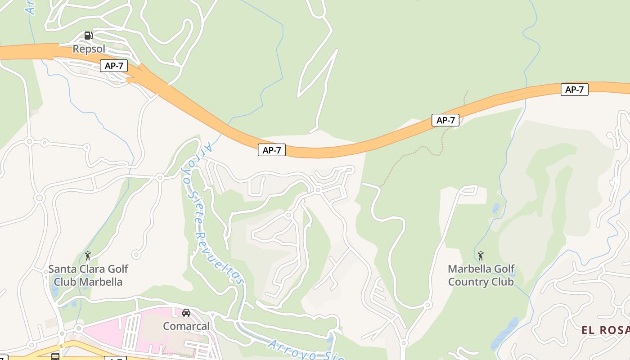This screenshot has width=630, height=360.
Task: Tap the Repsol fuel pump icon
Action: (89, 36)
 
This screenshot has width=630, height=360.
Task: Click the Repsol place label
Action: (89, 49)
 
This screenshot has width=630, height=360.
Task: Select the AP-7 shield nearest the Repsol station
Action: (114, 66)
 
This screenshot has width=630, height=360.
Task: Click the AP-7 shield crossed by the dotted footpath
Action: (445, 120)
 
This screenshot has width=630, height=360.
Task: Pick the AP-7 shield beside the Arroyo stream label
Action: (272, 150)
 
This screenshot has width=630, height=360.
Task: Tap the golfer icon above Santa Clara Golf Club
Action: (88, 256)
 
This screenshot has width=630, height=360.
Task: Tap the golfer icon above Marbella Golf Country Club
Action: (481, 256)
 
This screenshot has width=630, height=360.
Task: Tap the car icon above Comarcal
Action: (186, 313)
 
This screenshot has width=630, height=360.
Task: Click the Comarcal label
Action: (186, 326)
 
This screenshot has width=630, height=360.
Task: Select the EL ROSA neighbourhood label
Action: (605, 330)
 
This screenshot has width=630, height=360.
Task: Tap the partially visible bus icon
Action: (55, 357)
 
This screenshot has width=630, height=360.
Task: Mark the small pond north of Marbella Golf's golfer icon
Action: (496, 208)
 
